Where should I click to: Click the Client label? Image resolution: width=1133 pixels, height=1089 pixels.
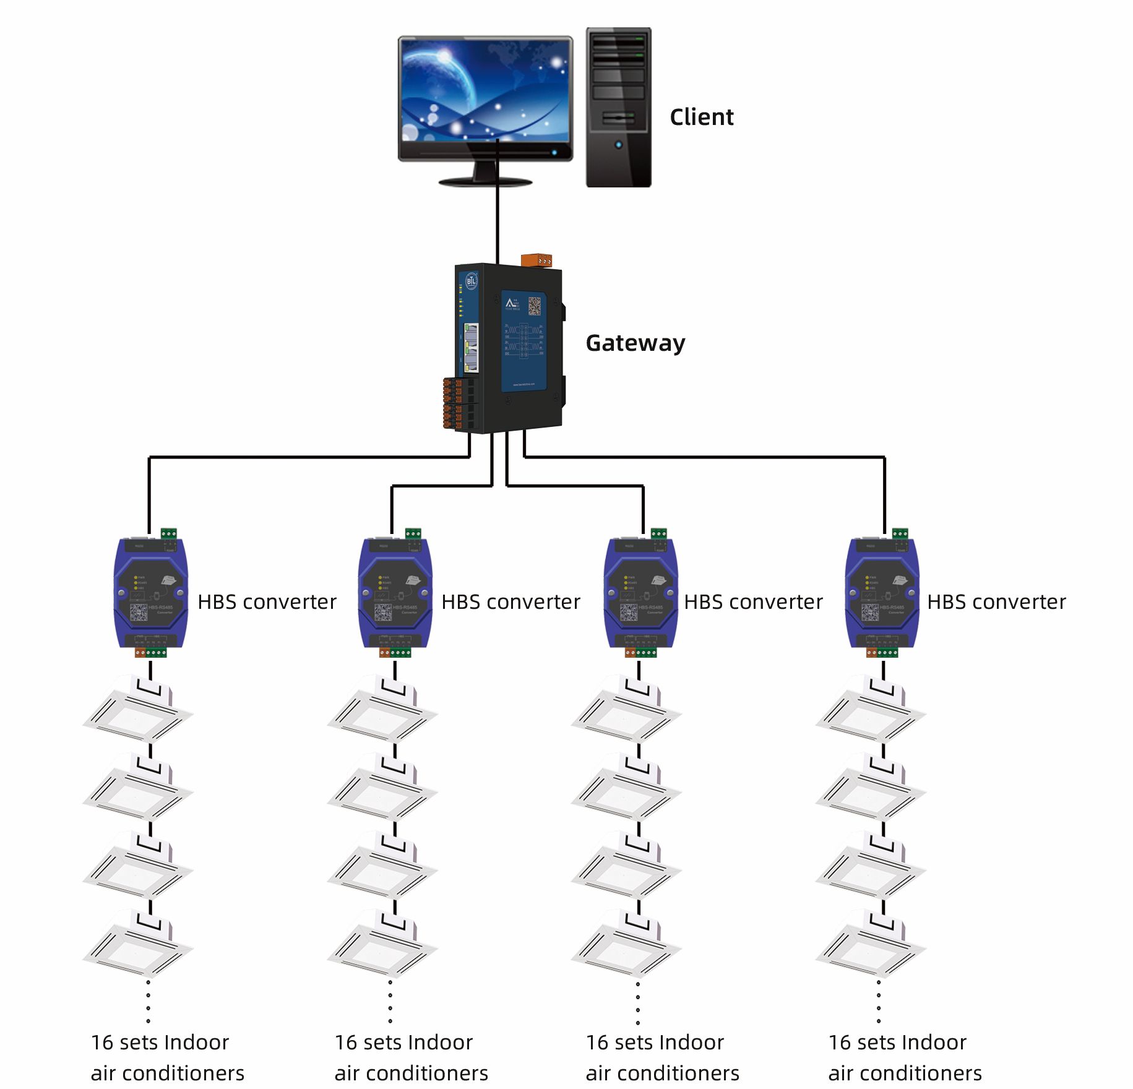[701, 117]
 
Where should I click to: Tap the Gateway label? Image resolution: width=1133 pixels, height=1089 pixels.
[635, 343]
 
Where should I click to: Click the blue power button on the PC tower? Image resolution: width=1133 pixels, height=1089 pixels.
[618, 145]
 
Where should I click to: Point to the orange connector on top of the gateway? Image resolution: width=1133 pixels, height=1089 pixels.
[536, 260]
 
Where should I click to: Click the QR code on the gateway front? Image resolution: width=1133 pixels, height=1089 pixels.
[534, 306]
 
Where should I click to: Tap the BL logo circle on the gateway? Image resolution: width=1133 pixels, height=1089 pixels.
[472, 282]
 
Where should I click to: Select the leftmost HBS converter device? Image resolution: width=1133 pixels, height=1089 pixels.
[150, 593]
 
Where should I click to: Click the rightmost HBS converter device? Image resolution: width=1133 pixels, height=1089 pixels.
[882, 593]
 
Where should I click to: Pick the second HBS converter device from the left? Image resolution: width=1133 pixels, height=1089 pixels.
[395, 593]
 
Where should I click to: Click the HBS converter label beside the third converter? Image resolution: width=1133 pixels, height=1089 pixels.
[753, 602]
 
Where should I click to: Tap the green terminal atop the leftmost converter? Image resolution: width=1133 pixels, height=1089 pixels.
[168, 533]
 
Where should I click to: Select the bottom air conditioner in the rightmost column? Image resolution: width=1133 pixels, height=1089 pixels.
[870, 944]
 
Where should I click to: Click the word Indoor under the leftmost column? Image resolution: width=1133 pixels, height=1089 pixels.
[197, 1043]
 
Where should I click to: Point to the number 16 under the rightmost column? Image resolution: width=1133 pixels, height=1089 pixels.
[840, 1043]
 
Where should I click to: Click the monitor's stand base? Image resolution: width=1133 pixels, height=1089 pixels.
[485, 182]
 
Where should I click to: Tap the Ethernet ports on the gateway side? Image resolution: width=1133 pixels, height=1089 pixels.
[471, 348]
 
